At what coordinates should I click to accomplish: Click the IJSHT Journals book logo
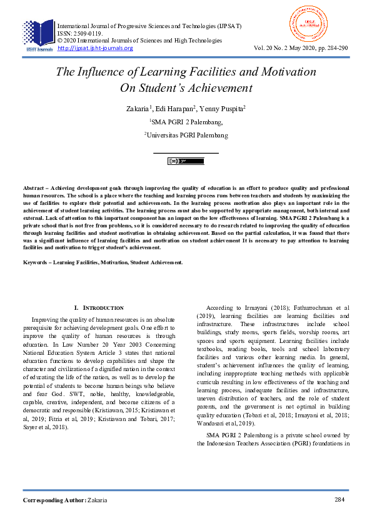[x=39, y=35]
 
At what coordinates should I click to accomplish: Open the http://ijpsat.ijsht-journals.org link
[x=95, y=48]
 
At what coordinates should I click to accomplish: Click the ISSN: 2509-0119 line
[x=80, y=33]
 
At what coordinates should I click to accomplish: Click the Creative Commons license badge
[x=186, y=161]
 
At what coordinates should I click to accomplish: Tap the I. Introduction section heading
[x=99, y=308]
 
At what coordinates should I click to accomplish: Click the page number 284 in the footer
[x=340, y=500]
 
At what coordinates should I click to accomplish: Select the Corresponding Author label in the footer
[x=54, y=500]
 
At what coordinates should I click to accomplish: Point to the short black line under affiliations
[x=186, y=152]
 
